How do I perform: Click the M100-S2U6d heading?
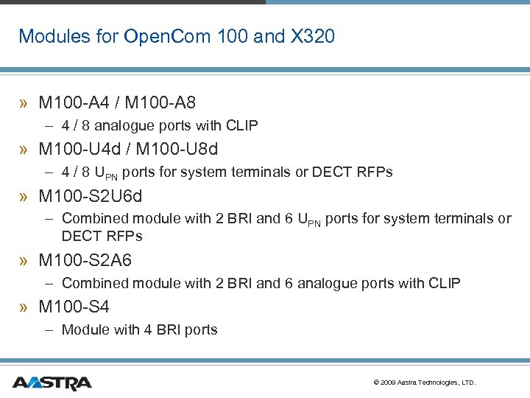point(91,196)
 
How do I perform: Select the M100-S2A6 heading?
point(85,260)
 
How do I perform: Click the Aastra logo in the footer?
point(52,383)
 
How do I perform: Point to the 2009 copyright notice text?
point(425,383)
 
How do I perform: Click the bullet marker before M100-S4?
point(25,307)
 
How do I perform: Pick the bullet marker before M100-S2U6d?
point(25,197)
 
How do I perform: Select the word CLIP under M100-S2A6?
point(444,283)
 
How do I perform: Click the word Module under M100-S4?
point(85,329)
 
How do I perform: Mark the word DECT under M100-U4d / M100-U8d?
point(332,172)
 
